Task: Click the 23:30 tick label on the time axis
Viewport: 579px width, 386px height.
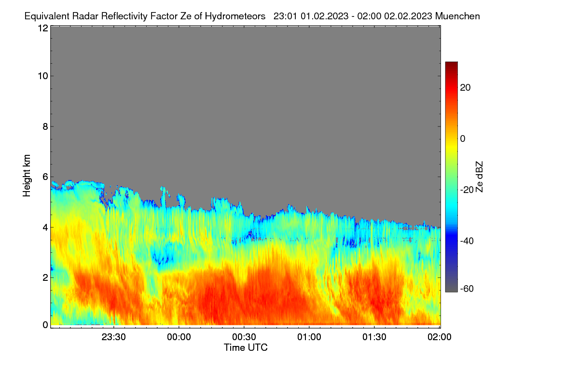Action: tap(113, 337)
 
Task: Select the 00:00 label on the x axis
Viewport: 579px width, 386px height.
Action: tap(179, 337)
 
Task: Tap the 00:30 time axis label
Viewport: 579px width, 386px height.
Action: tap(244, 337)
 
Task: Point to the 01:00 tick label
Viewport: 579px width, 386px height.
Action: tap(309, 337)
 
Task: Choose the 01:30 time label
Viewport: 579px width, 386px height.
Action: tap(374, 337)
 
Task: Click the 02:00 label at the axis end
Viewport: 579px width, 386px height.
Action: tap(440, 337)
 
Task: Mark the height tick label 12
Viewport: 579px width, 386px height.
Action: tap(43, 28)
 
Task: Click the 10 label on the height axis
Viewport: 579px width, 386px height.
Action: tap(43, 76)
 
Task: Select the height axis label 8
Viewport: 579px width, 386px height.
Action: tap(45, 126)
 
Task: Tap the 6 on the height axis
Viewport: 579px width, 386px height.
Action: tap(45, 177)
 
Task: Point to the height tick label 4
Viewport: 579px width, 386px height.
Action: tap(45, 228)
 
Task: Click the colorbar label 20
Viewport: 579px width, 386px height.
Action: tap(465, 88)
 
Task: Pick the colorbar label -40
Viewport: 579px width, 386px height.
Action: tap(467, 241)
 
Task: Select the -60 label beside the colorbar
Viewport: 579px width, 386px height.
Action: tap(467, 289)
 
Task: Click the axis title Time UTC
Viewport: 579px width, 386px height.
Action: tap(246, 347)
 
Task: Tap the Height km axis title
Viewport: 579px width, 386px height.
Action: tap(27, 176)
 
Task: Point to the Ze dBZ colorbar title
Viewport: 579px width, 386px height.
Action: tap(479, 177)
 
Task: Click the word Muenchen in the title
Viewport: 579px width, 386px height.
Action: tap(457, 16)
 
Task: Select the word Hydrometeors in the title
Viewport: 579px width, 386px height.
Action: tap(235, 16)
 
